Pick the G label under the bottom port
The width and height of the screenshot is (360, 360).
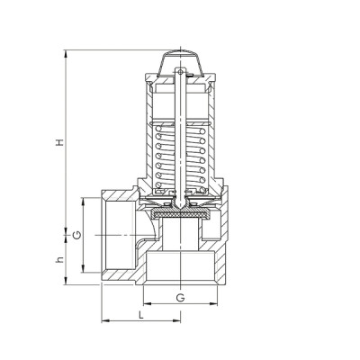pyautogui.click(x=180, y=296)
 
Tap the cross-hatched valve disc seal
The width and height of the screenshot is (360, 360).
pyautogui.click(x=180, y=216)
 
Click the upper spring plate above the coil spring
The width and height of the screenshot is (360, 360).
pyautogui.click(x=181, y=118)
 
